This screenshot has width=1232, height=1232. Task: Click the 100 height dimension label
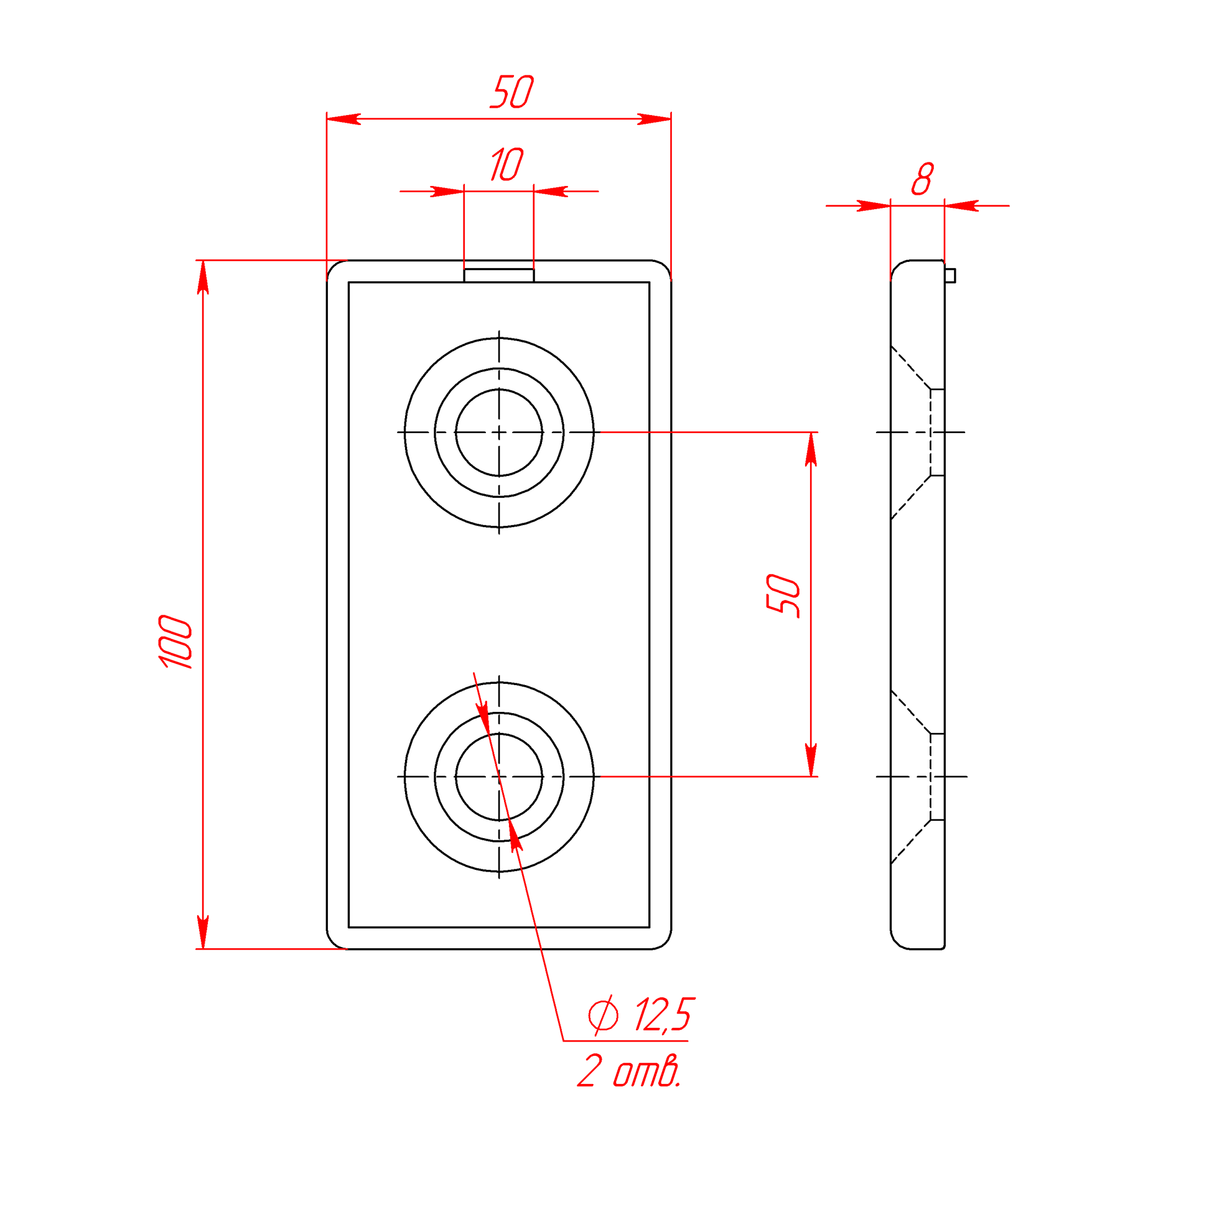tap(175, 642)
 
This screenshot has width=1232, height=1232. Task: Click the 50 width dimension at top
tap(512, 92)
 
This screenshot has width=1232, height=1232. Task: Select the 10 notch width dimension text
tap(507, 164)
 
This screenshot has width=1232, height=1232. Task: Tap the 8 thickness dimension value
tap(923, 179)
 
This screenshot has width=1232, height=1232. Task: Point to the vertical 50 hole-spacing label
tap(783, 595)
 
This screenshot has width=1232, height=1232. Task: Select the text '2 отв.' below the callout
tap(630, 1071)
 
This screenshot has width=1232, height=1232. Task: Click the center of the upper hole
tap(498, 432)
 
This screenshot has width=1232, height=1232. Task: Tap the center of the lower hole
tap(498, 777)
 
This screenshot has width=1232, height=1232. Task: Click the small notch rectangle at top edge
tap(498, 276)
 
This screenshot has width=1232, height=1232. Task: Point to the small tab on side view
tap(950, 276)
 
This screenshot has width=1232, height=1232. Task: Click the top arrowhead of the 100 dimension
tap(203, 277)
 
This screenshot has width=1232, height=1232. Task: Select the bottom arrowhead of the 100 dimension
tap(203, 932)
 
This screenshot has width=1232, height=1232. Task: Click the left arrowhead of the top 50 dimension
tap(343, 119)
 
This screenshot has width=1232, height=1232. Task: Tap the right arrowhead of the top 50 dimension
tap(654, 119)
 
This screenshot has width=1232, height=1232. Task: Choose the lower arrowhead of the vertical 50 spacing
tap(811, 760)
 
